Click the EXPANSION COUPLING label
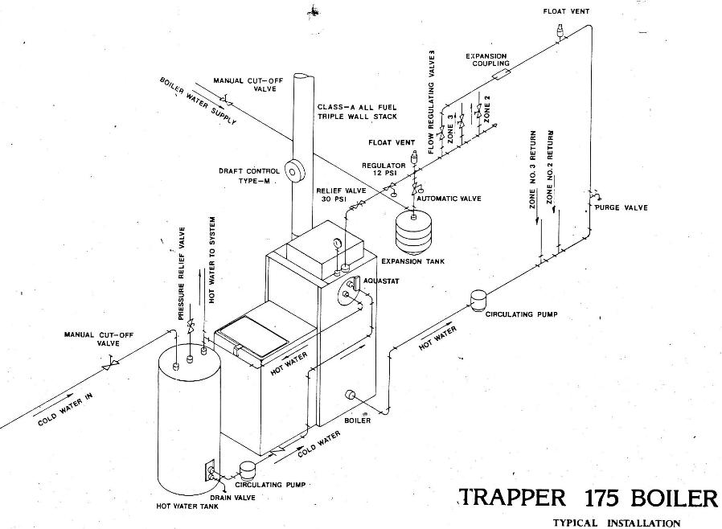(486, 59)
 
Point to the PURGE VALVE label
(621, 207)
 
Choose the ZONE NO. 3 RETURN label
(532, 170)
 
